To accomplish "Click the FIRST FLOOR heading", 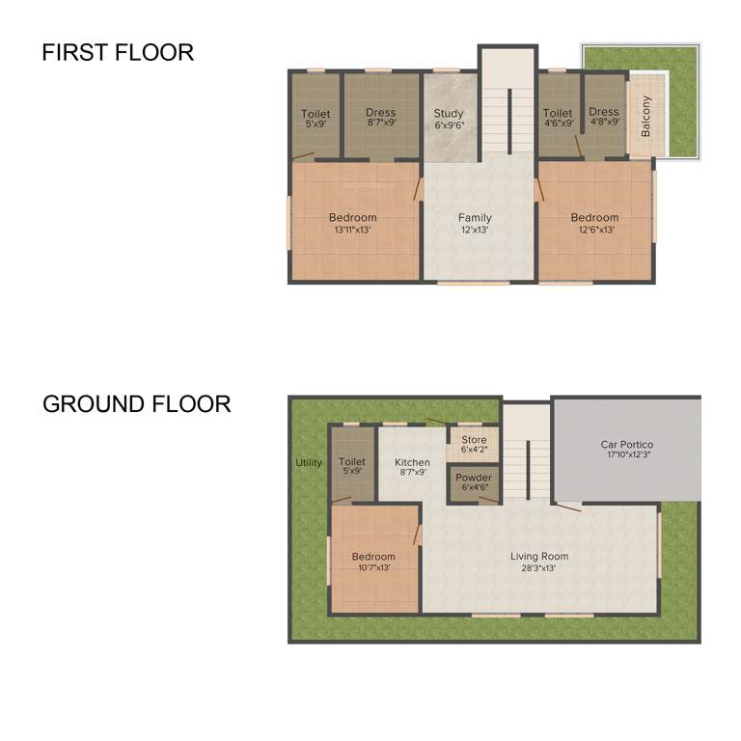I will click(x=118, y=52).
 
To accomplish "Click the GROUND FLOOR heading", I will click(x=136, y=403).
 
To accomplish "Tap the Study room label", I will click(x=449, y=114).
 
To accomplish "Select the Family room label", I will click(x=475, y=218).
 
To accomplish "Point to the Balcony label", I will click(x=646, y=115).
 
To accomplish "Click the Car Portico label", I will click(x=626, y=445).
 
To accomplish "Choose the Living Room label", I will click(x=539, y=556).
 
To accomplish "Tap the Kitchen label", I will click(x=413, y=463).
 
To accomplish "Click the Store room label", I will click(x=474, y=440).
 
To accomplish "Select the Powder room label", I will click(x=474, y=478).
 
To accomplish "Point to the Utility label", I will click(x=309, y=463).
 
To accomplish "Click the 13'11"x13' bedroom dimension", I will click(x=352, y=230).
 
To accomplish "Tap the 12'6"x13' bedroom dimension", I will click(x=594, y=230).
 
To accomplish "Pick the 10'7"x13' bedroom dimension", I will click(x=373, y=569).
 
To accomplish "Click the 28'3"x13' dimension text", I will click(x=539, y=568).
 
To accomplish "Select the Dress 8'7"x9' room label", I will click(x=381, y=113).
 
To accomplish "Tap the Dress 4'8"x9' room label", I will click(x=604, y=113).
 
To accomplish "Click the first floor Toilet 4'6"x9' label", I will click(x=558, y=113).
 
